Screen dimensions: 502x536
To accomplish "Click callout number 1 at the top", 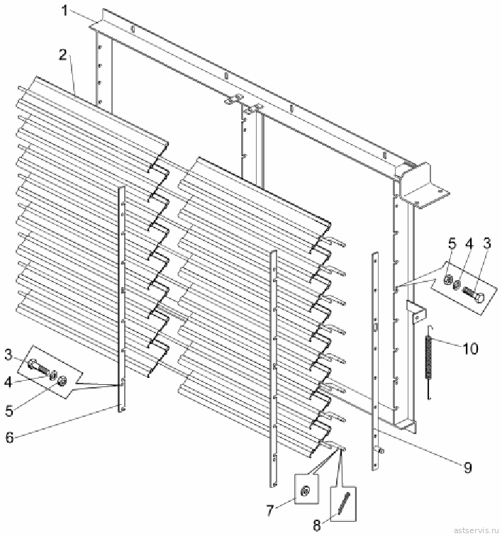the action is click(x=65, y=10).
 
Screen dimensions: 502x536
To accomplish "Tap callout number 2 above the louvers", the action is click(x=62, y=55).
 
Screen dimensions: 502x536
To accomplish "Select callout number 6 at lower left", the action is click(x=9, y=437).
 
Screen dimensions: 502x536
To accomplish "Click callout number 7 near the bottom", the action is click(x=270, y=510).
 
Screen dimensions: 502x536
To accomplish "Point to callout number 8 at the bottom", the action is click(x=317, y=525).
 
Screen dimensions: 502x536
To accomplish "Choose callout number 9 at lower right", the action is click(x=468, y=467).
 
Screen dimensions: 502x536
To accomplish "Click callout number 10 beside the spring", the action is click(x=471, y=349).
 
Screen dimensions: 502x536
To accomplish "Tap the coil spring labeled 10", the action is click(x=428, y=362).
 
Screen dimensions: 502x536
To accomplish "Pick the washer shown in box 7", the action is click(x=304, y=491).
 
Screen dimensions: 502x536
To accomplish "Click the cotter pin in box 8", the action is click(x=344, y=503).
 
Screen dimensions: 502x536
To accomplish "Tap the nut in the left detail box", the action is click(x=62, y=380).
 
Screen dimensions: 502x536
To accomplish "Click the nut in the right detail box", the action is click(x=447, y=280).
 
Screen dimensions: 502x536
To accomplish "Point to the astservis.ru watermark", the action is click(x=475, y=530).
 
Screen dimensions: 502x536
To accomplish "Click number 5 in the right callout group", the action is click(x=452, y=244).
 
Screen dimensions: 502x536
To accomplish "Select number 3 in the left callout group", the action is click(x=9, y=354).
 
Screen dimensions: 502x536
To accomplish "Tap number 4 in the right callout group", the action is click(x=469, y=244).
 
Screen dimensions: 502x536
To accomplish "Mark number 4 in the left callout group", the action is click(x=9, y=382).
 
